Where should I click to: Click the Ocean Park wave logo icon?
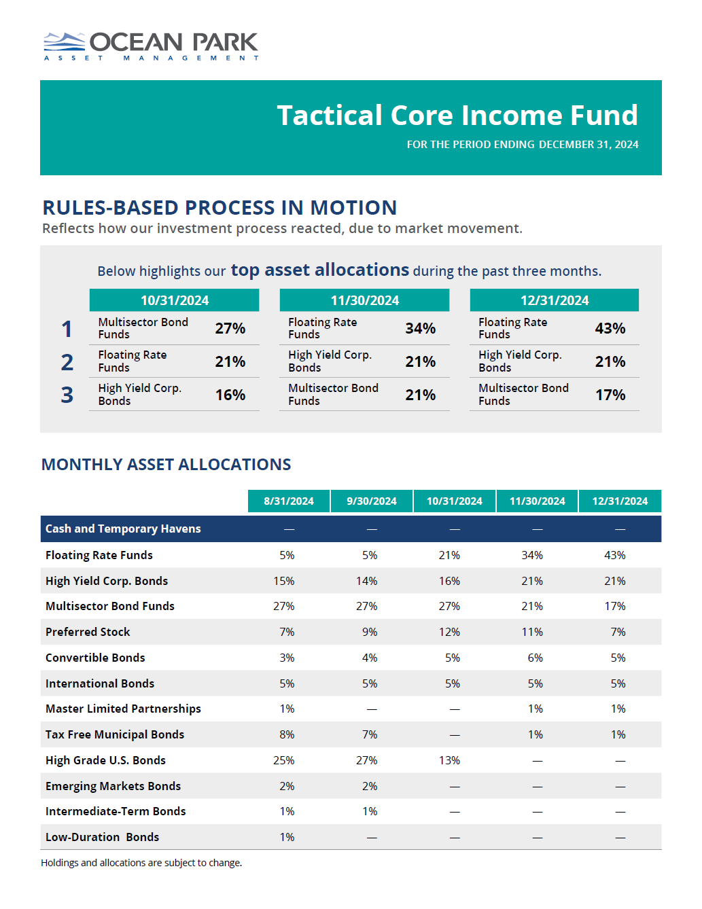[x=64, y=41]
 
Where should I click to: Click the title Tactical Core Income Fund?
[x=457, y=115]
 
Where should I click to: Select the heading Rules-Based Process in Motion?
[x=220, y=208]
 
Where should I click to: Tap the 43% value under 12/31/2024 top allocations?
[x=610, y=329]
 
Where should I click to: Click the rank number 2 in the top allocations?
[x=67, y=362]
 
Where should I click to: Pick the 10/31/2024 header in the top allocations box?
[x=174, y=300]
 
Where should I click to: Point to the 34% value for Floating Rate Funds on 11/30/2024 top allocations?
[x=420, y=329]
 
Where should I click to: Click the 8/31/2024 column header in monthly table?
[x=289, y=501]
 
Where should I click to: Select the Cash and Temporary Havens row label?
[x=123, y=529]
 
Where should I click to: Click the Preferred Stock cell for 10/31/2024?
[x=449, y=632]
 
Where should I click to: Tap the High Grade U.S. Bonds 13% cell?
[x=449, y=761]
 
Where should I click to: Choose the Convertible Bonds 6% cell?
[x=535, y=658]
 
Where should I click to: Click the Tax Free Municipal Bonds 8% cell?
[x=287, y=735]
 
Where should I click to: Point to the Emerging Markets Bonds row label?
[x=113, y=787]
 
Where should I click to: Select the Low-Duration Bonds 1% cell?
[x=287, y=838]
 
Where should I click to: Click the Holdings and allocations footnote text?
[x=141, y=863]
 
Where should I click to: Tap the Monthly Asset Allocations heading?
[x=166, y=465]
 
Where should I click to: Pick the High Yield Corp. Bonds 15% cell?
[x=284, y=582]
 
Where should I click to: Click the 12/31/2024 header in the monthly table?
[x=620, y=501]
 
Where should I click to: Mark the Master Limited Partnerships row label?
[x=123, y=709]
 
